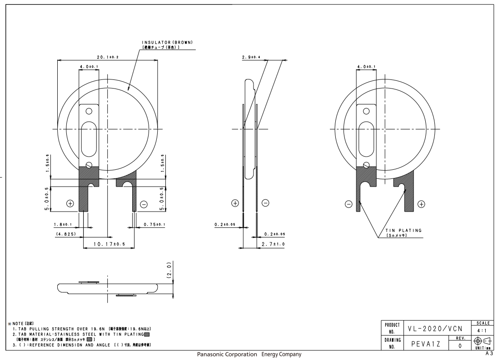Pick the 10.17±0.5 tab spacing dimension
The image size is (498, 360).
pyautogui.click(x=109, y=244)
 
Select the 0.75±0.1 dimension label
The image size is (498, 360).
pyautogui.click(x=154, y=224)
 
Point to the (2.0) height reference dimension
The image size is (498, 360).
pyautogui.click(x=169, y=271)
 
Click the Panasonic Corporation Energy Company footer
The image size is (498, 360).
pyautogui.click(x=249, y=354)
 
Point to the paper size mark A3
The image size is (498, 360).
pyautogui.click(x=489, y=353)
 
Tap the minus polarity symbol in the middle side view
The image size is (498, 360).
pyautogui.click(x=265, y=203)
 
